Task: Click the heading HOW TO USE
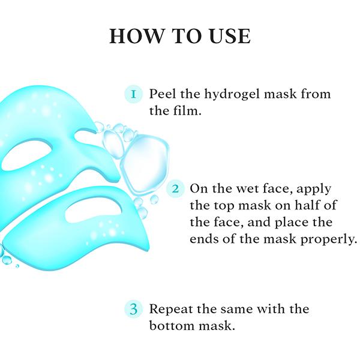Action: click(x=179, y=35)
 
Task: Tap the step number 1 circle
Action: click(x=134, y=94)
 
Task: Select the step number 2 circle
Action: click(x=175, y=188)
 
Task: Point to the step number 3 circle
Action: click(x=133, y=310)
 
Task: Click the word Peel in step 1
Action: click(x=161, y=94)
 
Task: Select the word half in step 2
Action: click(x=299, y=206)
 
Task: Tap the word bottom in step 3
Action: click(x=172, y=327)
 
